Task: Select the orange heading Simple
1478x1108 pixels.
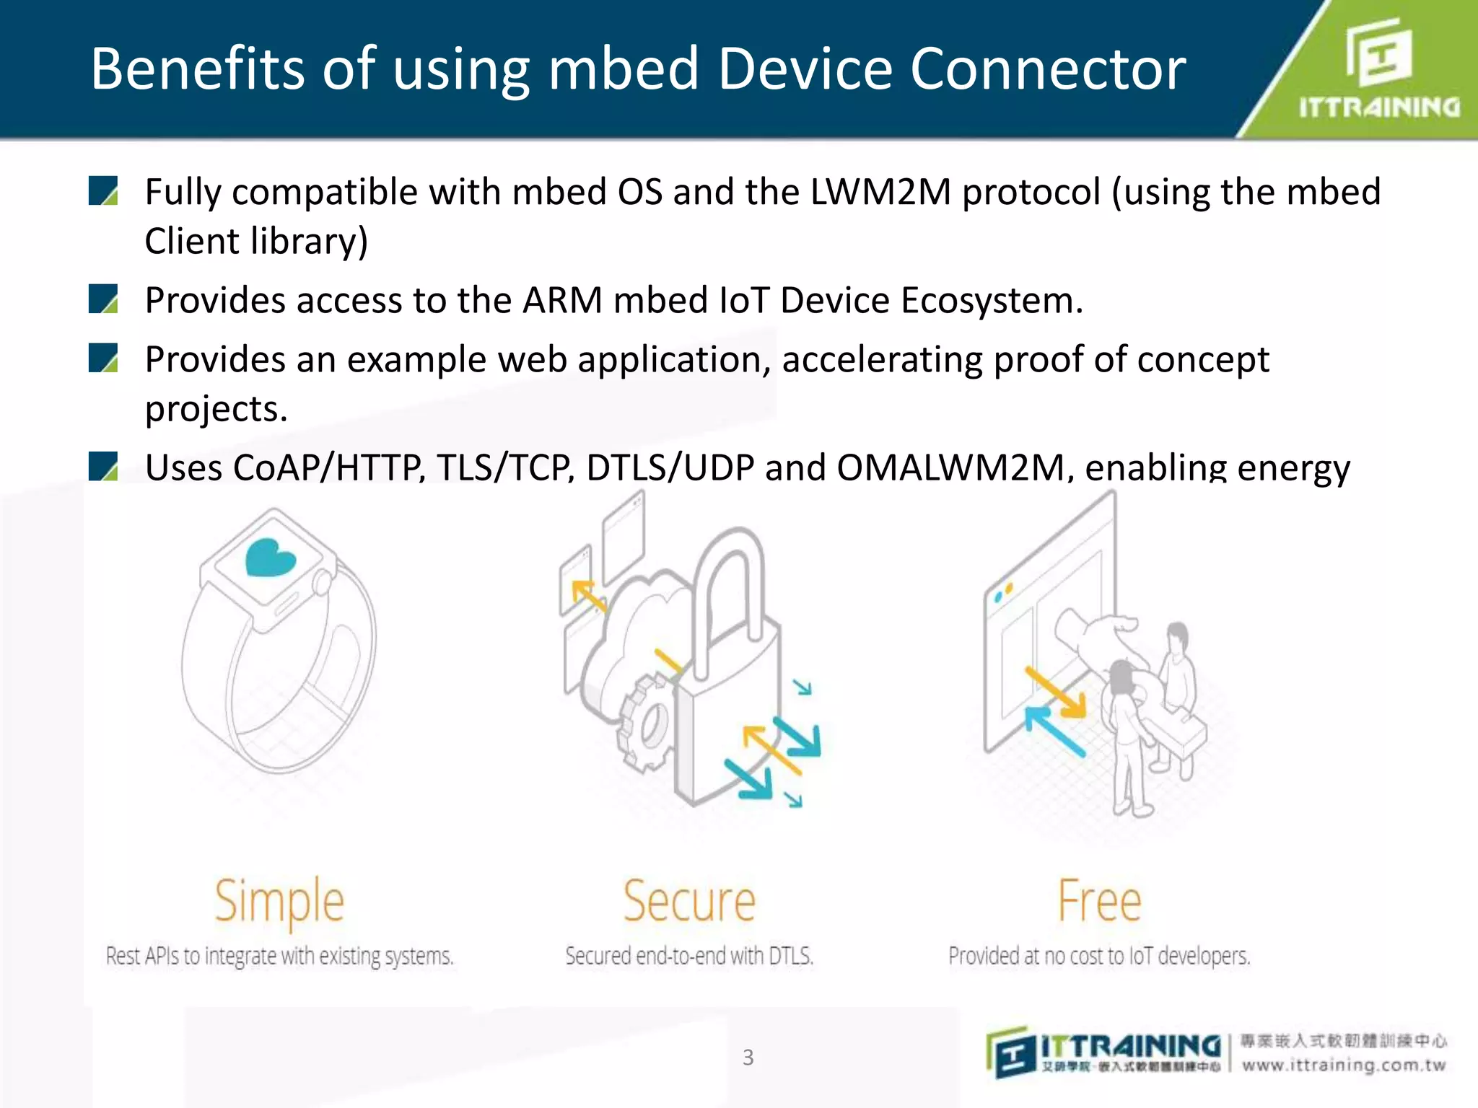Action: click(x=280, y=902)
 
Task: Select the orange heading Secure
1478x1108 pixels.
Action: click(x=689, y=902)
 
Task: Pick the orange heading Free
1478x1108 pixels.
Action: click(x=1099, y=902)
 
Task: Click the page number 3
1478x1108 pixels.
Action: click(x=748, y=1058)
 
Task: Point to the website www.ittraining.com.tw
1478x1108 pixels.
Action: click(x=1344, y=1065)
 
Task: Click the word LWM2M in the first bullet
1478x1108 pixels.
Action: click(x=880, y=193)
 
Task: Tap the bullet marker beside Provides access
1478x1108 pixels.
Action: click(x=103, y=299)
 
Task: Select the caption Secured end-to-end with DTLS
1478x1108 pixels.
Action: click(x=689, y=956)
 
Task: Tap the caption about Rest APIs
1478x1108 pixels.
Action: click(x=280, y=956)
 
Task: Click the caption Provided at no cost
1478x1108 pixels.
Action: click(x=1099, y=956)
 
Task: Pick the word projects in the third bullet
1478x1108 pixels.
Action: click(x=215, y=409)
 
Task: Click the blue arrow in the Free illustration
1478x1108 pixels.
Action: click(x=1055, y=731)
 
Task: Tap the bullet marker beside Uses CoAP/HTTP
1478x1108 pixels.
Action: click(x=103, y=466)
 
